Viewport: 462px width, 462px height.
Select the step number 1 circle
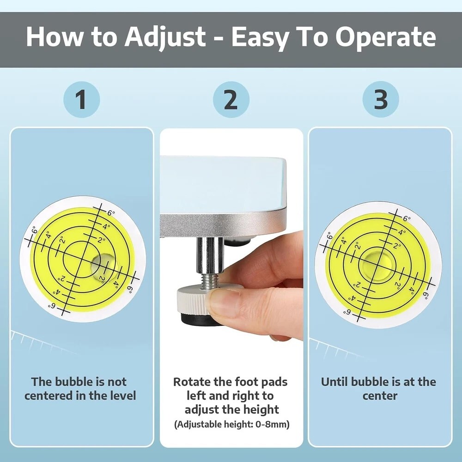tap(82, 100)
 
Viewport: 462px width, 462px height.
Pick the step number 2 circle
tap(231, 100)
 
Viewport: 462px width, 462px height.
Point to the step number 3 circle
tap(381, 100)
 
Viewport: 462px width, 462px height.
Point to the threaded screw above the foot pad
tap(209, 280)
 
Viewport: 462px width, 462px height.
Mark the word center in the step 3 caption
tap(380, 396)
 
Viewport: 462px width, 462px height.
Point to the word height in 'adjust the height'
tap(261, 410)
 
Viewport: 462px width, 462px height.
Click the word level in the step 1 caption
tap(123, 395)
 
